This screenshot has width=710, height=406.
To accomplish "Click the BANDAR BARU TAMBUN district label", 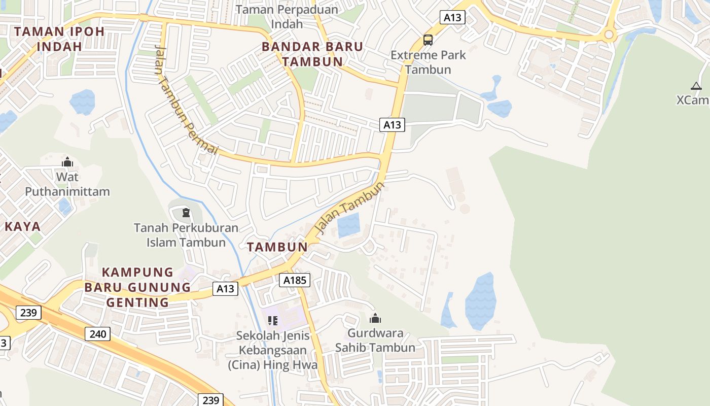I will coord(312,54).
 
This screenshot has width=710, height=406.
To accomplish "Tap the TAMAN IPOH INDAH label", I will coord(59,39).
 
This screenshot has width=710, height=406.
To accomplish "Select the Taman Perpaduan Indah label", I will coord(287,16).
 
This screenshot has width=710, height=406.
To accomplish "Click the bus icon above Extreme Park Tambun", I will coord(428,40).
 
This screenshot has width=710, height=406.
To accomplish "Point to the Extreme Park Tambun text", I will coord(428,62).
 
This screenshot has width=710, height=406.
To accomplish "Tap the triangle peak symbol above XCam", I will coord(696,86).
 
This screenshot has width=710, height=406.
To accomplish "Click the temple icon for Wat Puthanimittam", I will coord(67,162).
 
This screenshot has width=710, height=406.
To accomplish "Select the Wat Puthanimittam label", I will coord(67,184).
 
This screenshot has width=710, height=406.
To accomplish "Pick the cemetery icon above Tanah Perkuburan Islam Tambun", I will coord(186,212).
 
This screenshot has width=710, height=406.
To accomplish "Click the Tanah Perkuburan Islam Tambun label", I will coord(186,235).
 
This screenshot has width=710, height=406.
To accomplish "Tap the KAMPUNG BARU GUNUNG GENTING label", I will coord(137,287).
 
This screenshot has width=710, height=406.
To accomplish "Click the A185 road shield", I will coord(294,280).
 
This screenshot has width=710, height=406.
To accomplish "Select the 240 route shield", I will coord(97,333).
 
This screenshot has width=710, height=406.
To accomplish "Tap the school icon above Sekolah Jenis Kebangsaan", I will coord(273,320).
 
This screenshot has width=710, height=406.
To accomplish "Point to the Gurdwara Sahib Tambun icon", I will coord(375,318).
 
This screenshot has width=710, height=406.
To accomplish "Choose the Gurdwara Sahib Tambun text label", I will coord(375,341).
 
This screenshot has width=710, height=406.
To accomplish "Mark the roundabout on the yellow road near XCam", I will coord(609,35).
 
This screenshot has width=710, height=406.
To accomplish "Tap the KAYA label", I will coord(22,226).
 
